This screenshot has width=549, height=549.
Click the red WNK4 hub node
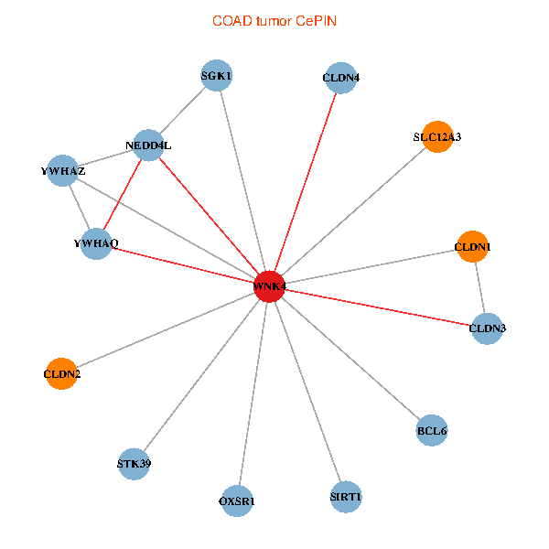coord(269,286)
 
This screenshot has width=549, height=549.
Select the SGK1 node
coord(216,75)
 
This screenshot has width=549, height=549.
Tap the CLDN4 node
coord(340,78)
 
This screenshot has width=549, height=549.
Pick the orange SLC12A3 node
coord(437,137)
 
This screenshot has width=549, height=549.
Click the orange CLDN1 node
coord(473,246)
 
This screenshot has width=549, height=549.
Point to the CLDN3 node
coord(487,328)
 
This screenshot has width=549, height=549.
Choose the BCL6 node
coord(432,430)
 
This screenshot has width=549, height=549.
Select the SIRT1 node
coord(346,497)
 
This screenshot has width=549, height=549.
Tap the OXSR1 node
coord(237,501)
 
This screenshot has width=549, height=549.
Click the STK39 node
coord(134,464)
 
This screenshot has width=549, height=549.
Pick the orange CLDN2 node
coord(61,373)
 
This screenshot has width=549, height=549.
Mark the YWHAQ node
coord(96,243)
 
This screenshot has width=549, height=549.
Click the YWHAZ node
coord(62,170)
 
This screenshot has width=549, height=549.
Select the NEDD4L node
coord(148,145)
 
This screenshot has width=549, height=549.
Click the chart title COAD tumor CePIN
coord(274,21)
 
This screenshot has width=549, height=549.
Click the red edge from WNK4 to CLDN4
coord(306,182)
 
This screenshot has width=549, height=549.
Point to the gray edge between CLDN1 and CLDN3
coord(480,287)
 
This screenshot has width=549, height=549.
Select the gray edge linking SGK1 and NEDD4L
coord(182,111)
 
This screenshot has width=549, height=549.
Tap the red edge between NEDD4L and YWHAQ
coord(123,194)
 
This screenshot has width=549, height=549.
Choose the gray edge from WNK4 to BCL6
coord(350,358)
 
